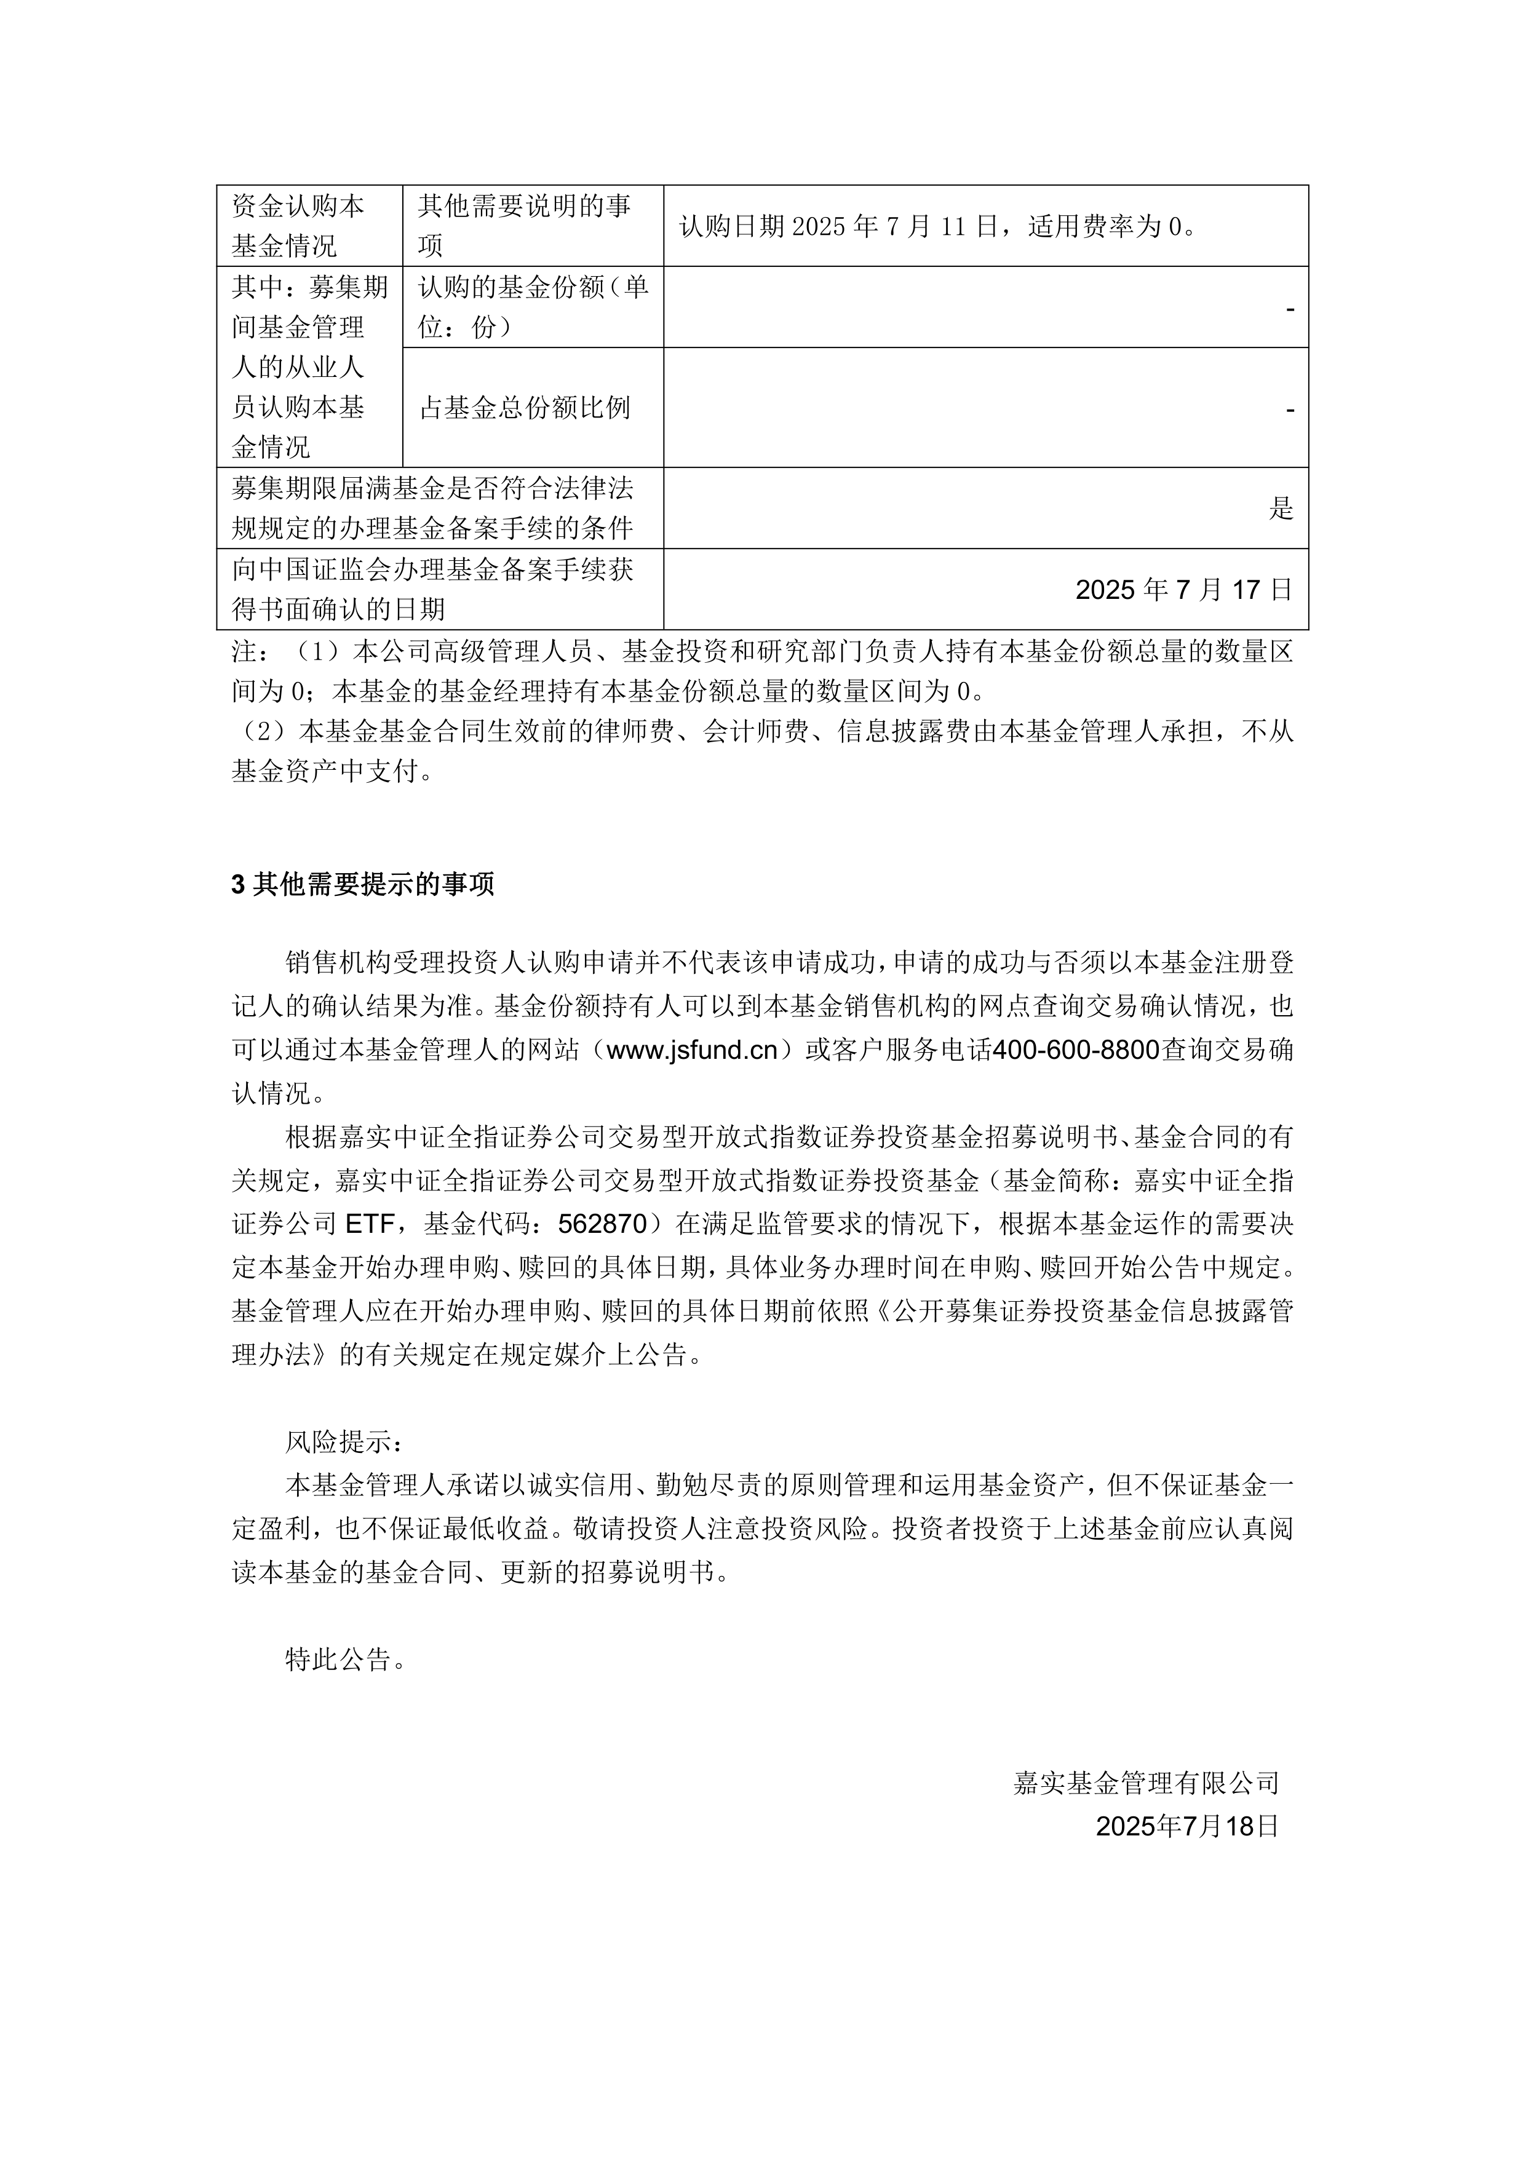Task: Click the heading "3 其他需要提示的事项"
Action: point(363,884)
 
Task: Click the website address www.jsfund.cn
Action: point(693,1050)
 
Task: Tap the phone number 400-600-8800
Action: point(1076,1050)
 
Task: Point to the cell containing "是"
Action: point(1281,509)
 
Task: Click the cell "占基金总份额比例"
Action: point(524,408)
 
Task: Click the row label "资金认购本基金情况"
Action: point(298,226)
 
